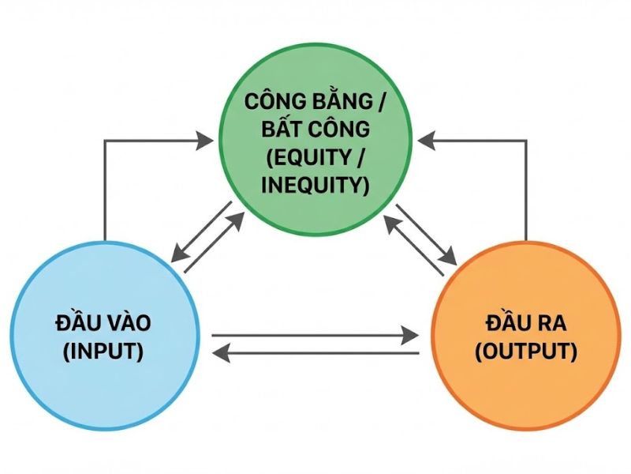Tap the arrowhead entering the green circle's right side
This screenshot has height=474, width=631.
pos(427,141)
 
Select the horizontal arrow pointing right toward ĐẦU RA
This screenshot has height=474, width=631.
pos(315,335)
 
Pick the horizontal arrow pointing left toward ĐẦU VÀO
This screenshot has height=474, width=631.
pos(315,352)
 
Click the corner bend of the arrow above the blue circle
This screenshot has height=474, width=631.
pos(105,141)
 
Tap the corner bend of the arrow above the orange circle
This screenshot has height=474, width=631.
pos(525,141)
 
